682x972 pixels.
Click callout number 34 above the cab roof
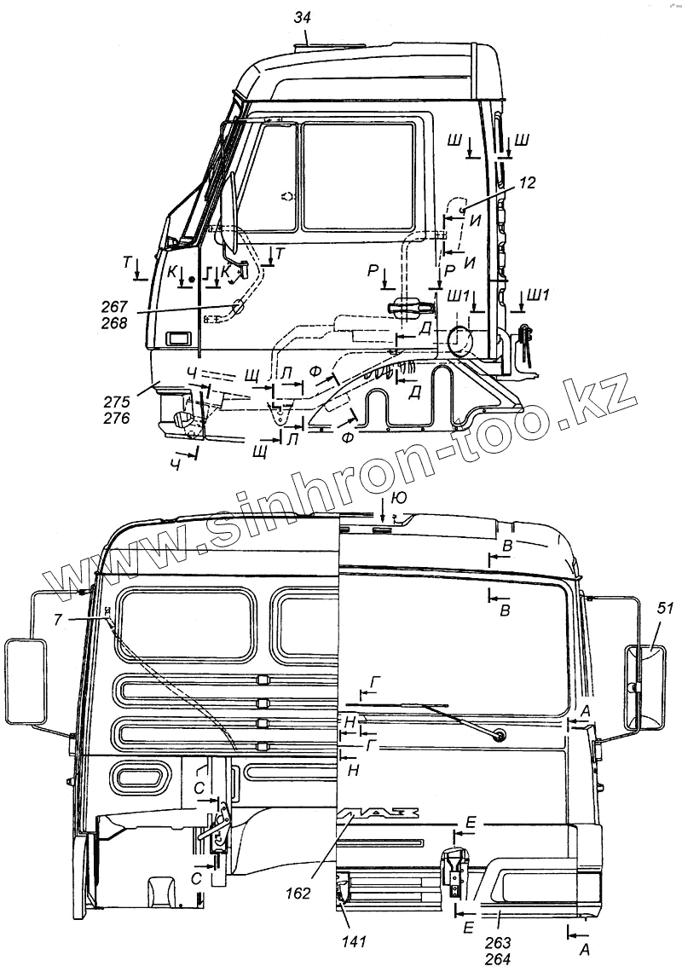[x=303, y=16]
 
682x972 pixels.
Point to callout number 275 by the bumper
[x=117, y=403]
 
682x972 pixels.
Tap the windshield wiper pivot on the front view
[x=498, y=733]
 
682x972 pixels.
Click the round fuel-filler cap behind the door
[x=461, y=340]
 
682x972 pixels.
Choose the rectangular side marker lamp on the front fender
[x=180, y=338]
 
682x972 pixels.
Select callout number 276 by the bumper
[x=117, y=419]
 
